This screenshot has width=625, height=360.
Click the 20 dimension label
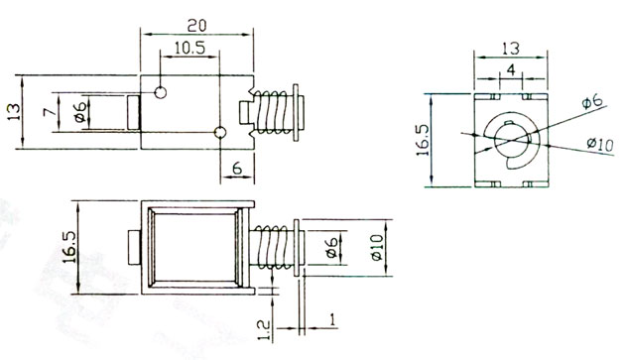[x=196, y=26]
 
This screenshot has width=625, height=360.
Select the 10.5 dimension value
[x=189, y=49]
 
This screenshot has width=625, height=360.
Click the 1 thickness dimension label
[x=332, y=319]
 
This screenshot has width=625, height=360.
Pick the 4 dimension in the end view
[x=511, y=70]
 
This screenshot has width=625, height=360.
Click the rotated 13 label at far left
[x=13, y=112]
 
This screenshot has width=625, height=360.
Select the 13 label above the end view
[x=511, y=49]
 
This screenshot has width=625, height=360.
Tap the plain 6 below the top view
[x=237, y=169]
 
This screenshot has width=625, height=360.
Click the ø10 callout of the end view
[x=600, y=144]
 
